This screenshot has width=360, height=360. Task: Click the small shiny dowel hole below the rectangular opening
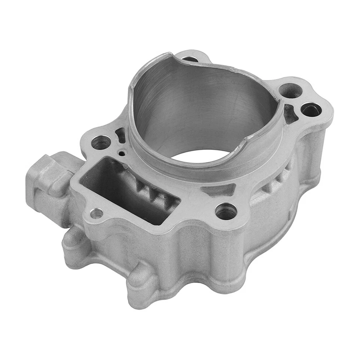click(97, 213)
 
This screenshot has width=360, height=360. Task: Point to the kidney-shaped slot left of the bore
click(121, 135)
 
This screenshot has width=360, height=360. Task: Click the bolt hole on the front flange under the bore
click(226, 211)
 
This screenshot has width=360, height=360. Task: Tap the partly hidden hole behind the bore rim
click(189, 59)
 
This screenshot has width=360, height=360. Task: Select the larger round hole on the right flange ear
click(291, 90)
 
